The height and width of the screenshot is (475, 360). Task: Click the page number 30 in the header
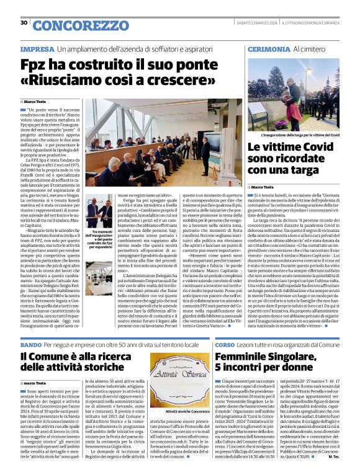(x=24, y=23)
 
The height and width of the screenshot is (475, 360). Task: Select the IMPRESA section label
(x=37, y=48)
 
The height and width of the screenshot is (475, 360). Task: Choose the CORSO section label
(x=225, y=344)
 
